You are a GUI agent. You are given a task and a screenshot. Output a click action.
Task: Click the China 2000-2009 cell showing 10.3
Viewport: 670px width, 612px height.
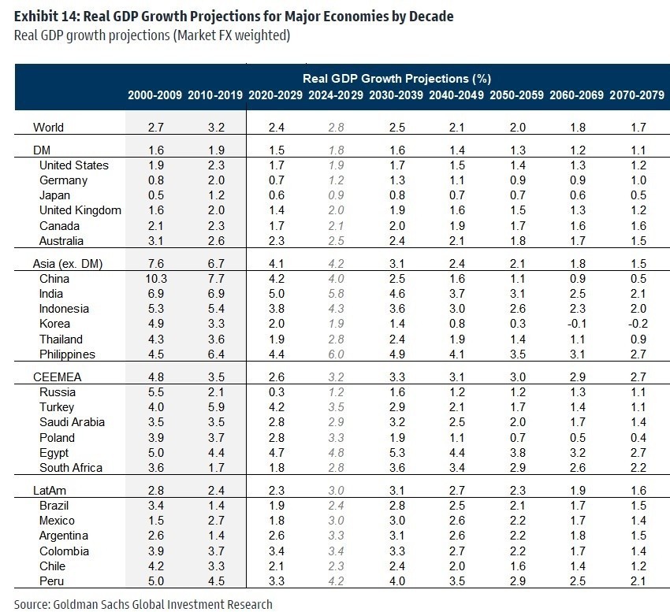tap(154, 279)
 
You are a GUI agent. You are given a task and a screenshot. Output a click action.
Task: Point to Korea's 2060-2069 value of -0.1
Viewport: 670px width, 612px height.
tap(575, 324)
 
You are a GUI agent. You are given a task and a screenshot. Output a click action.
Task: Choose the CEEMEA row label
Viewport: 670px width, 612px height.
tap(58, 377)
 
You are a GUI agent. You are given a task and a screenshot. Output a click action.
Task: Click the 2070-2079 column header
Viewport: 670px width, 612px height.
tap(636, 95)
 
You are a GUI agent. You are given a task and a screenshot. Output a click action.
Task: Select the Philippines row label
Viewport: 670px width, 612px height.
tap(68, 354)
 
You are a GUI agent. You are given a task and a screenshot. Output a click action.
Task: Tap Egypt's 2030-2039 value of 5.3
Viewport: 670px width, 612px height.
tap(396, 452)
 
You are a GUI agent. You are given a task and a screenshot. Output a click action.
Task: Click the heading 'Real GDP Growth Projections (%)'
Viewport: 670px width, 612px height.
tap(396, 79)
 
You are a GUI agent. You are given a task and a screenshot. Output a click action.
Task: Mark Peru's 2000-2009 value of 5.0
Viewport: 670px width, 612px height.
tap(154, 581)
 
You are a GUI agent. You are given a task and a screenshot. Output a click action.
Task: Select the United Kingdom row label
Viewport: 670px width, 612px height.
tap(80, 210)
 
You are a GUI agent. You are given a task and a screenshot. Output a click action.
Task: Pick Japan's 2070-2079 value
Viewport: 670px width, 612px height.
tap(636, 195)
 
